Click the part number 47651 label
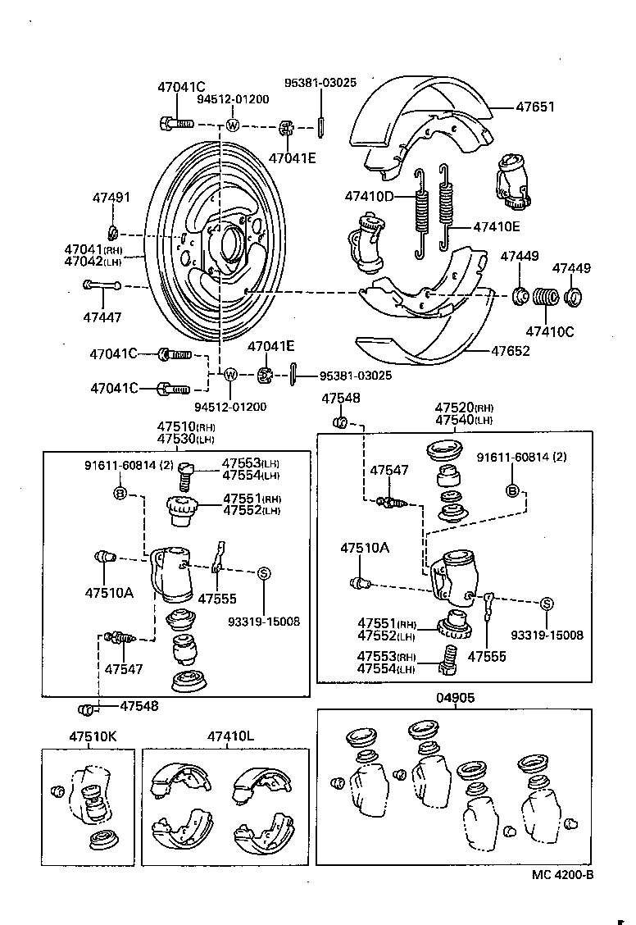click(x=534, y=107)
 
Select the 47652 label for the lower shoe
click(x=510, y=351)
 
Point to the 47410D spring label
click(x=369, y=197)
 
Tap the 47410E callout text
click(x=496, y=227)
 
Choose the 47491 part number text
click(x=111, y=198)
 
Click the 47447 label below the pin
click(x=102, y=317)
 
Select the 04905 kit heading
click(x=455, y=698)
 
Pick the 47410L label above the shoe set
click(x=230, y=736)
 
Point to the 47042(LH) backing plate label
click(x=93, y=262)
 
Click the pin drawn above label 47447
click(x=102, y=285)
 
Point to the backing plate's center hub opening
click(x=227, y=244)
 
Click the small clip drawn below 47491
click(x=115, y=229)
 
